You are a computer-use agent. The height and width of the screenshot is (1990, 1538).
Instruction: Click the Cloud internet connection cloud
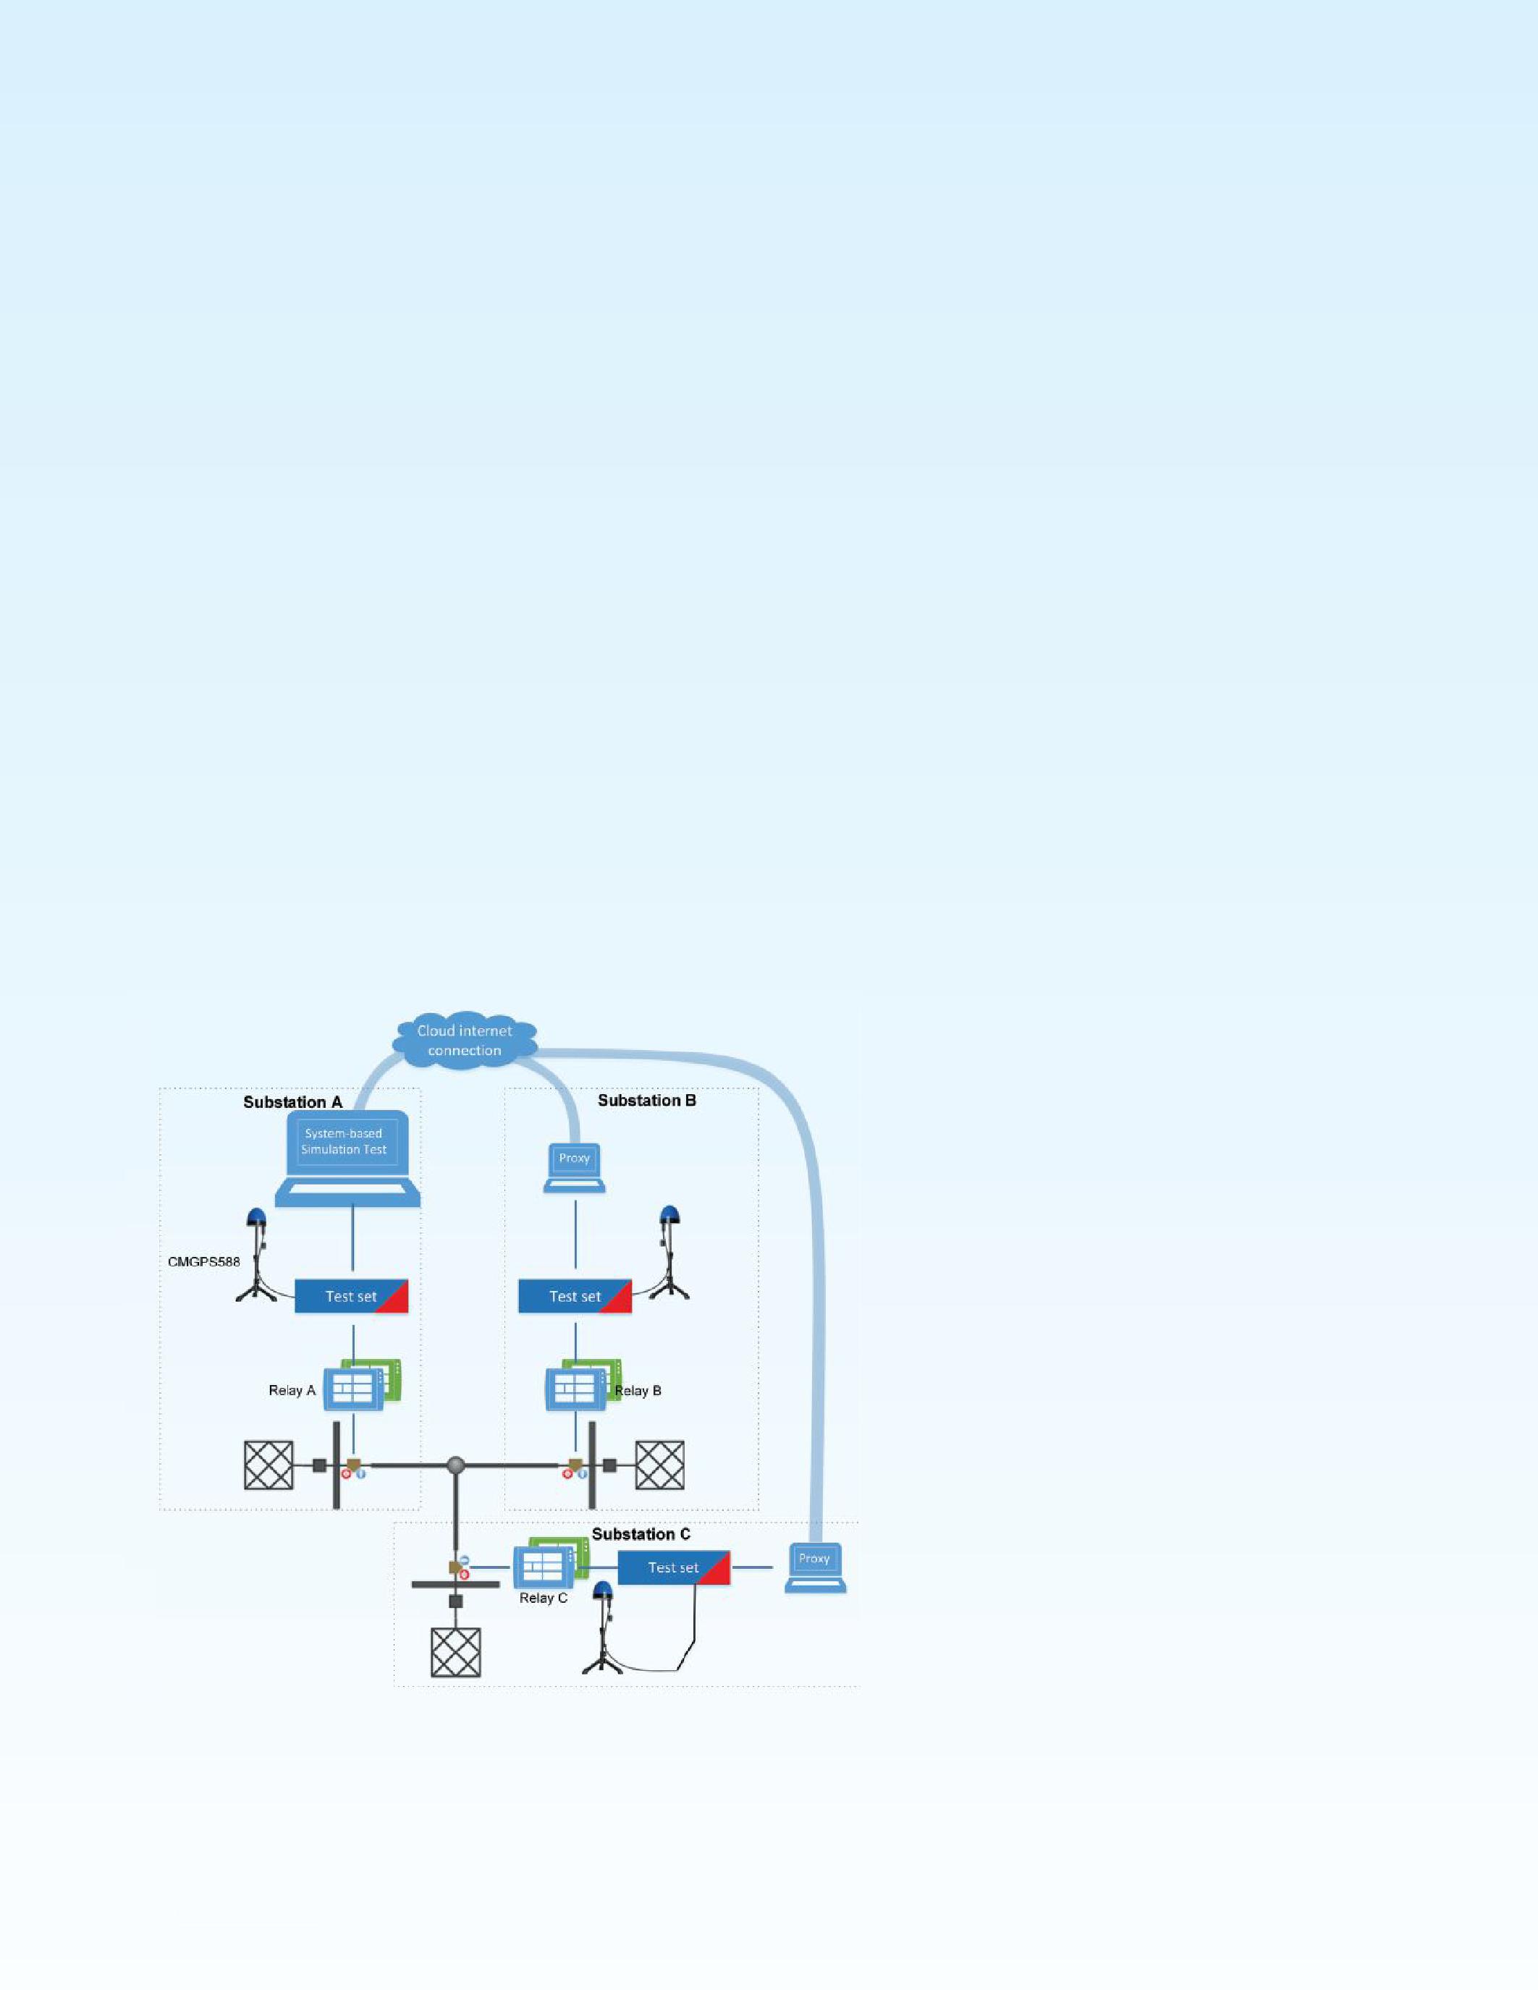(x=465, y=1040)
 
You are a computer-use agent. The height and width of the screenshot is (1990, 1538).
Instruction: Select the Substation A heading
(x=292, y=1103)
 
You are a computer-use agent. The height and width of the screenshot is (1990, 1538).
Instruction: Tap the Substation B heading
(x=647, y=1101)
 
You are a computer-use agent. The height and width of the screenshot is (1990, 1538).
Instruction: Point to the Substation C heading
(x=641, y=1534)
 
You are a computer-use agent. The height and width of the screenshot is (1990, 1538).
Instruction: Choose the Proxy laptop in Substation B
(x=574, y=1167)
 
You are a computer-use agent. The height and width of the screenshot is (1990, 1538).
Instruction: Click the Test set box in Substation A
(x=351, y=1296)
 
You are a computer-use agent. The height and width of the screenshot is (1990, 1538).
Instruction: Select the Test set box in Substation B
(x=575, y=1296)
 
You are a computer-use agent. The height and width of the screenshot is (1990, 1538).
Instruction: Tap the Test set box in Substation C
(x=673, y=1567)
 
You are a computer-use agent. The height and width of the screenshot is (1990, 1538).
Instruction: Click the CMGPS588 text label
(x=204, y=1262)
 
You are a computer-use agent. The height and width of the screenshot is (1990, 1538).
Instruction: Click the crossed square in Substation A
(x=269, y=1465)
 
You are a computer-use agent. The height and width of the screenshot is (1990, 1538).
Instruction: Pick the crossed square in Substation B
(x=659, y=1465)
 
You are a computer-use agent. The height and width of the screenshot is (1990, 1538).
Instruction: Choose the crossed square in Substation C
(x=455, y=1653)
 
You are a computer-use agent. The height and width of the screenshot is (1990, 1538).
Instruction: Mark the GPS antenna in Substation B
(x=671, y=1252)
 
